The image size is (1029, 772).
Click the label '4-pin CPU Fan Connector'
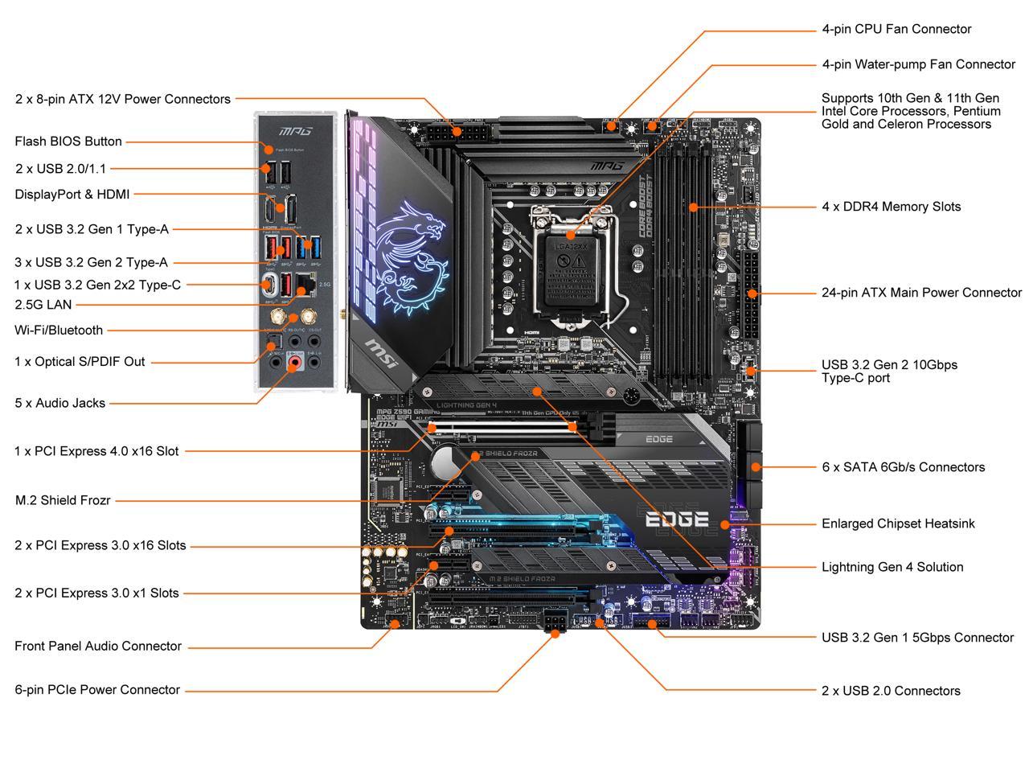pyautogui.click(x=896, y=29)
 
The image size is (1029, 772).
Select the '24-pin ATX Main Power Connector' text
pyautogui.click(x=921, y=293)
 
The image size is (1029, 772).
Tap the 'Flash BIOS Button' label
pyautogui.click(x=68, y=142)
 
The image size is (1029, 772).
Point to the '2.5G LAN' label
pyautogui.click(x=43, y=305)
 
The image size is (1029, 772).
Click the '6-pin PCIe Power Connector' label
pyautogui.click(x=97, y=690)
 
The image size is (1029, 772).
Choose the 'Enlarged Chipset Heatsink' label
pyautogui.click(x=898, y=524)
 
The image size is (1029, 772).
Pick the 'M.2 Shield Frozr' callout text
pyautogui.click(x=63, y=500)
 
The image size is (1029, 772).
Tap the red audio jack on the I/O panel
pyautogui.click(x=295, y=363)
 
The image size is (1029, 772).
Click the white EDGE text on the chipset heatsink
pyautogui.click(x=677, y=519)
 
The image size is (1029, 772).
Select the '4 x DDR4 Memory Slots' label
pyautogui.click(x=891, y=207)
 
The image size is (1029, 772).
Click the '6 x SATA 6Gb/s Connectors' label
pyautogui.click(x=903, y=467)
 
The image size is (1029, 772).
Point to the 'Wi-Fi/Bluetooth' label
pyautogui.click(x=59, y=331)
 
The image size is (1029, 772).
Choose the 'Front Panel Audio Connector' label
pyautogui.click(x=98, y=647)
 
